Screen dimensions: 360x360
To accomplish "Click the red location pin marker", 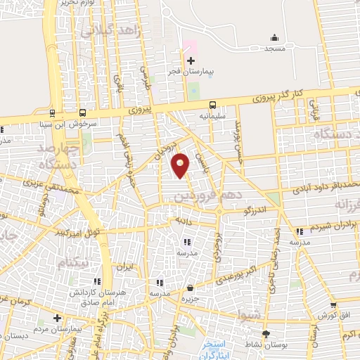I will pos(181,165).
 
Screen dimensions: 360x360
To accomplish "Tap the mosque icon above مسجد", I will pos(274,37).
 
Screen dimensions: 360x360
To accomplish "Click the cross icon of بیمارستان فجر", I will pos(191,61).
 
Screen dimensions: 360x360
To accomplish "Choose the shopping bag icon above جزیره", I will pos(190,287).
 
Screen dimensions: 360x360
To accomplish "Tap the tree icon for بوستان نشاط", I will pos(266,334).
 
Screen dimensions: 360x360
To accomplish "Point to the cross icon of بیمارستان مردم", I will pos(58,318).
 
